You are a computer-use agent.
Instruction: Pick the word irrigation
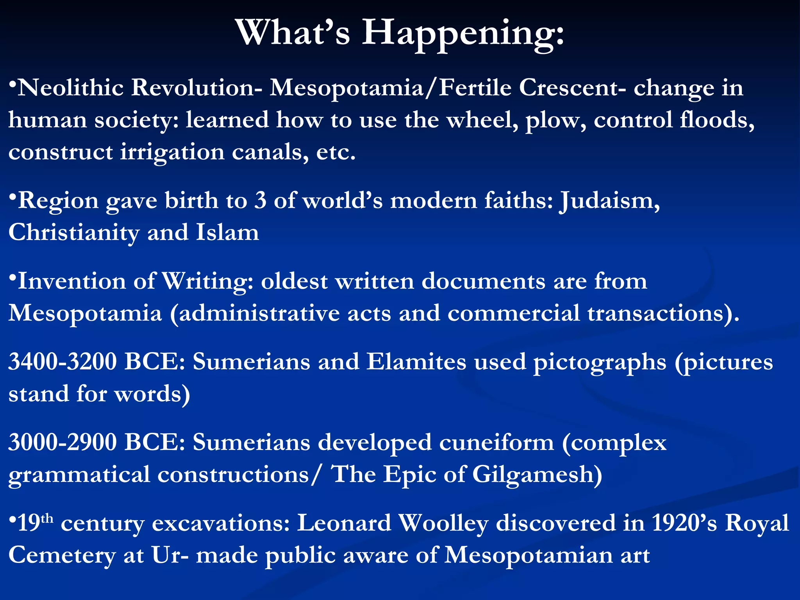pyautogui.click(x=172, y=152)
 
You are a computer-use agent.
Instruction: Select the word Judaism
pyautogui.click(x=610, y=201)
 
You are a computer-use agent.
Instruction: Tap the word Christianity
pyautogui.click(x=74, y=233)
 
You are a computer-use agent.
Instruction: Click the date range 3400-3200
pyautogui.click(x=62, y=362)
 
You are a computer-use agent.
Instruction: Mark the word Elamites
pyautogui.click(x=416, y=362)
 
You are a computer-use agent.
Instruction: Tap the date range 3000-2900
pyautogui.click(x=62, y=443)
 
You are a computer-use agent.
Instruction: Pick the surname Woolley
pyautogui.click(x=444, y=524)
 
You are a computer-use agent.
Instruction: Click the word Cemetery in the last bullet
pyautogui.click(x=62, y=555)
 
